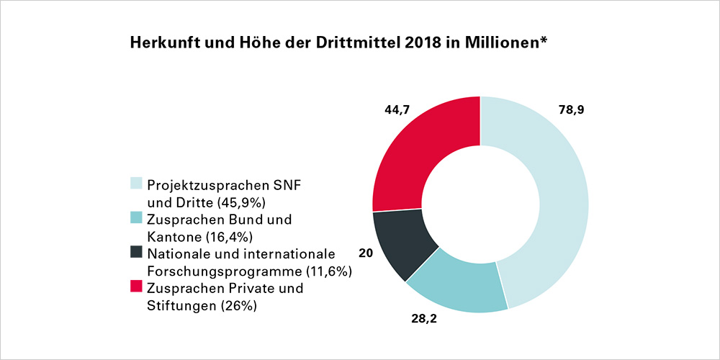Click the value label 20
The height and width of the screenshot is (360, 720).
[x=366, y=253]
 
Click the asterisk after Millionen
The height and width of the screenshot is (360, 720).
[x=544, y=40]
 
